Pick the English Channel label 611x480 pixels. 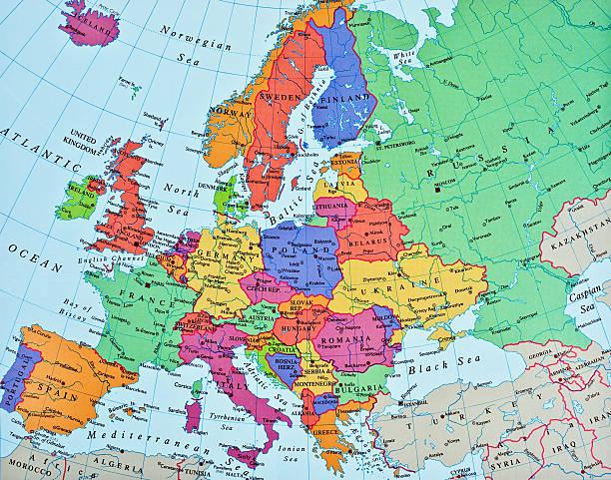click(97, 264)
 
